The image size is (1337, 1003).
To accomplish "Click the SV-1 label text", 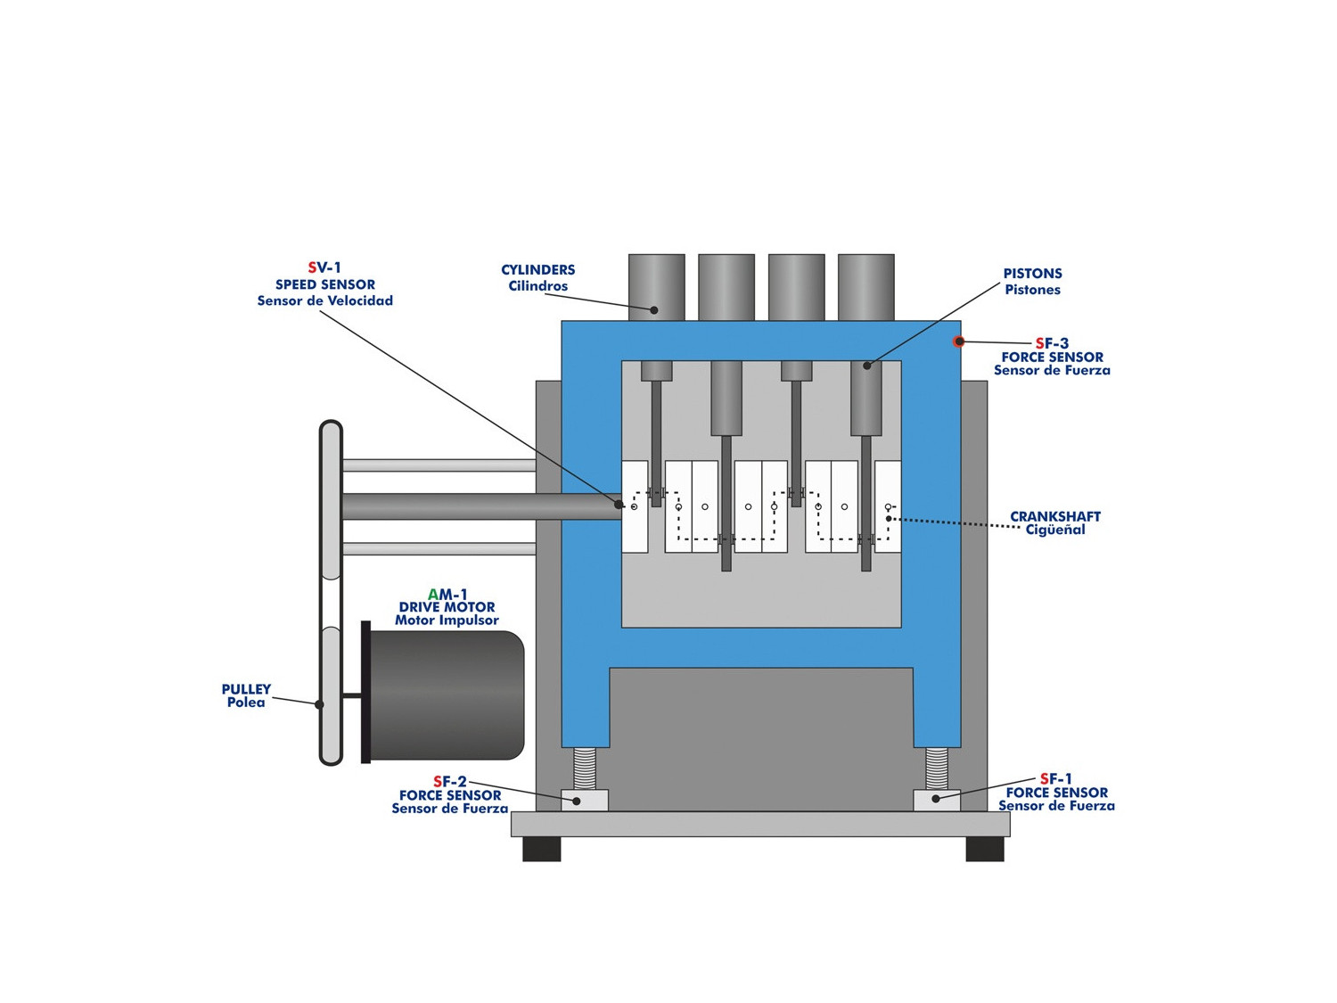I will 324,267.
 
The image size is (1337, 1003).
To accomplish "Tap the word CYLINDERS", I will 537,270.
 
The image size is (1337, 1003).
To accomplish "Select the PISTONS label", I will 1032,274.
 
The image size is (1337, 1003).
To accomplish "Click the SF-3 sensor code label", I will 1052,343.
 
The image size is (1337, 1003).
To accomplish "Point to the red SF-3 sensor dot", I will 959,341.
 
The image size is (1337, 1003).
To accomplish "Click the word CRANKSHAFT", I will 1054,516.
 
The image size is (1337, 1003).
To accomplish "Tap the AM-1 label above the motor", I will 447,595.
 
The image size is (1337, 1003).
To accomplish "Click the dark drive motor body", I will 446,695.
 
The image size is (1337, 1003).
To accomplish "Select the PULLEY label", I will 246,689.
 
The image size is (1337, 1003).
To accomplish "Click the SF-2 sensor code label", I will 450,782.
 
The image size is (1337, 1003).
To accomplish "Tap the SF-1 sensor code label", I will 1056,779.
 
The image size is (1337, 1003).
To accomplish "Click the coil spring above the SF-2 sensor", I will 585,769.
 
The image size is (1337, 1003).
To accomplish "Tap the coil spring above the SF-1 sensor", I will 937,769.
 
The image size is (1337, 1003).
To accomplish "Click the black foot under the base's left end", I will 542,849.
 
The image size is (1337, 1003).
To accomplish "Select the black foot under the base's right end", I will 985,849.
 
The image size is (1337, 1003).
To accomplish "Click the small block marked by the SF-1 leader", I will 937,800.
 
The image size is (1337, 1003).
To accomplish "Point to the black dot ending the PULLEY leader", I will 319,704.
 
